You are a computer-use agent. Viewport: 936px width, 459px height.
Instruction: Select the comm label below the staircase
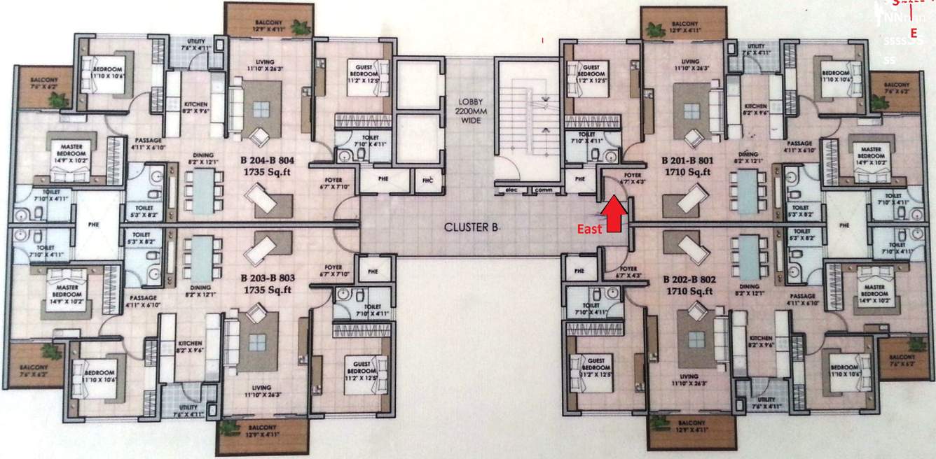pyautogui.click(x=542, y=190)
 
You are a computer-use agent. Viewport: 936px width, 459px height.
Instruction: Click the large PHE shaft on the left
pyautogui.click(x=92, y=225)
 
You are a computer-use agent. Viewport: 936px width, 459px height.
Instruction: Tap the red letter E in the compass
pyautogui.click(x=914, y=32)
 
